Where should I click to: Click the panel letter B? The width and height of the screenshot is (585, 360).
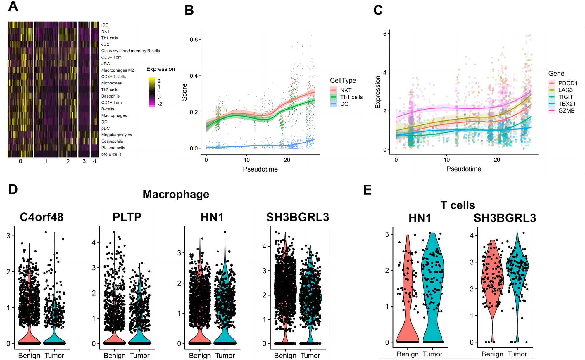pyautogui.click(x=189, y=10)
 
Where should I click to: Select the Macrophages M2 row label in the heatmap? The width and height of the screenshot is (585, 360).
pyautogui.click(x=118, y=70)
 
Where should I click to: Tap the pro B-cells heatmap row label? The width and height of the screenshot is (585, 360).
pyautogui.click(x=111, y=154)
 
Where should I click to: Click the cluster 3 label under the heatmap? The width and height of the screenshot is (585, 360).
pyautogui.click(x=84, y=161)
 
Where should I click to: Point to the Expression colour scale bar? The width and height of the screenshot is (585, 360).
pyautogui.click(x=152, y=92)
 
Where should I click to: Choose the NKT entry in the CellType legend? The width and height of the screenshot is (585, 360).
pyautogui.click(x=346, y=90)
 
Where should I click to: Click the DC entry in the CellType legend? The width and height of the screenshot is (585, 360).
pyautogui.click(x=344, y=104)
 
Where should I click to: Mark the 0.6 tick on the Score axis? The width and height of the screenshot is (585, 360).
pyautogui.click(x=194, y=40)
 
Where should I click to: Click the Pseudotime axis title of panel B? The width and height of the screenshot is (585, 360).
pyautogui.click(x=260, y=169)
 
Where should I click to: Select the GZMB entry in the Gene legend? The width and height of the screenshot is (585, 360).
pyautogui.click(x=566, y=111)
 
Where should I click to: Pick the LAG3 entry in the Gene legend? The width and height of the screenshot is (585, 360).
pyautogui.click(x=565, y=90)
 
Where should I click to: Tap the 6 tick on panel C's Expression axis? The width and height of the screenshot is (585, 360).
pyautogui.click(x=385, y=34)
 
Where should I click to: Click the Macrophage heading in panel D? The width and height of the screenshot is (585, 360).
pyautogui.click(x=176, y=194)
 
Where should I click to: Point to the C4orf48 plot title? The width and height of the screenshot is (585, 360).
pyautogui.click(x=42, y=217)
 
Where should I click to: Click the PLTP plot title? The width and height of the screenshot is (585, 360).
pyautogui.click(x=127, y=217)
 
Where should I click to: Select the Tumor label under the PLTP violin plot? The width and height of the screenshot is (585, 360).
pyautogui.click(x=139, y=356)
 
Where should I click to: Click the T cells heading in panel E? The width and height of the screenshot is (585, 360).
pyautogui.click(x=458, y=205)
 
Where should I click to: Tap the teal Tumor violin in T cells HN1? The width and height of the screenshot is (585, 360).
pyautogui.click(x=433, y=292)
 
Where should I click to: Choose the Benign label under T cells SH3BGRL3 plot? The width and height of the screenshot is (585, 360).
pyautogui.click(x=492, y=354)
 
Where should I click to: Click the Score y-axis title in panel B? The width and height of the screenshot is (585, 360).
pyautogui.click(x=184, y=92)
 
